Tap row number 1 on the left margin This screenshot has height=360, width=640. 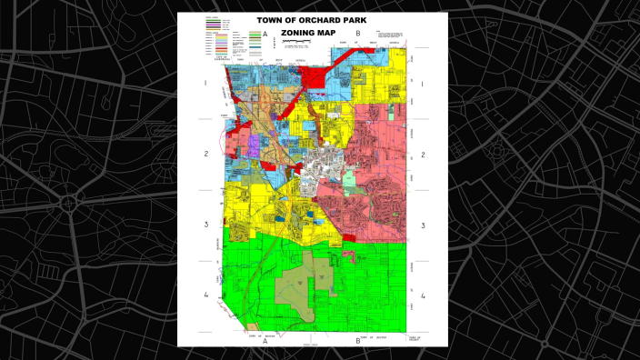click(205, 83)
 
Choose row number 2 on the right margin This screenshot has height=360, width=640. click(423, 153)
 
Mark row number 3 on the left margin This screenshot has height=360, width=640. click(205, 225)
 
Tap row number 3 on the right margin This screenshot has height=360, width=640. click(423, 225)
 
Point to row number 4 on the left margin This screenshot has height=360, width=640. click(205, 295)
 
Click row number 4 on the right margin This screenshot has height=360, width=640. click(423, 295)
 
